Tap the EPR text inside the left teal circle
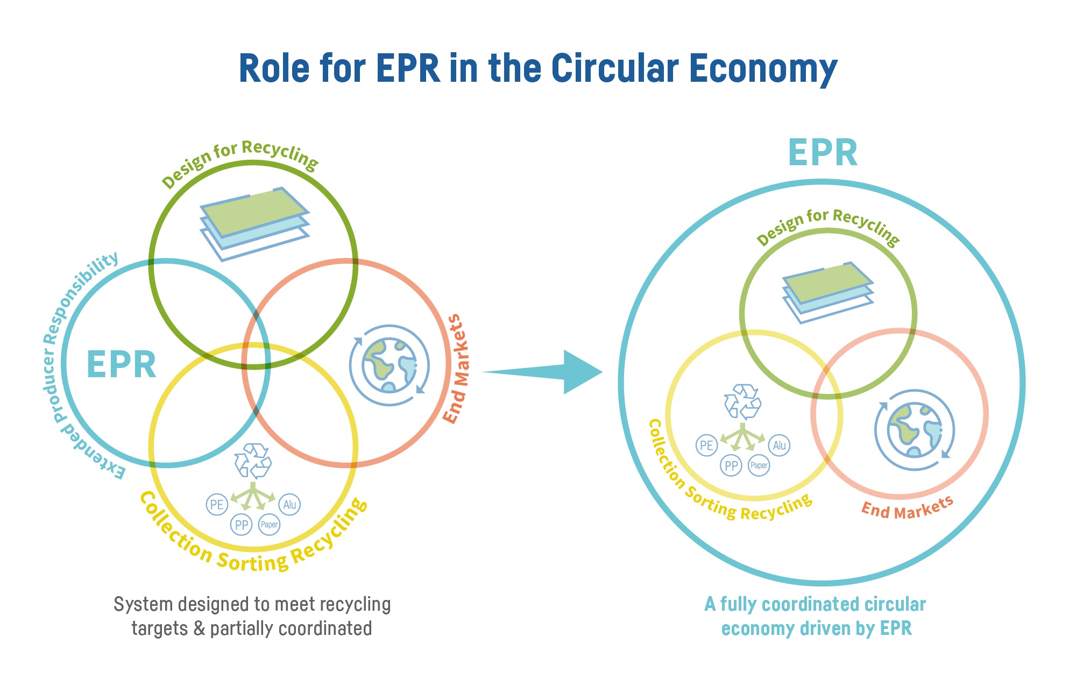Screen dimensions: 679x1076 pos(122,365)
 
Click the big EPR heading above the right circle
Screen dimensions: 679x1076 pos(823,153)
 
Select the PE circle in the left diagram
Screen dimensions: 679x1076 pos(217,505)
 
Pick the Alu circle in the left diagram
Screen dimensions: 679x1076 pos(289,505)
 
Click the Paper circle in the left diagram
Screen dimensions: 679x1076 pos(269,525)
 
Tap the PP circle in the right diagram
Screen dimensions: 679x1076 pos(731,465)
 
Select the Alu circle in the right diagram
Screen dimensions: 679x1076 pos(779,445)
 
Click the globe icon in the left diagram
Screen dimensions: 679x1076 pos(390,365)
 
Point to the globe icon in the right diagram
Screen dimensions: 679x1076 pos(915,430)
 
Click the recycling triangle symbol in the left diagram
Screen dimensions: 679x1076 pos(253,461)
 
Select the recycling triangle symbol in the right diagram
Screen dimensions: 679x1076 pos(742,401)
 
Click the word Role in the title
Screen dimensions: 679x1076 pos(274,68)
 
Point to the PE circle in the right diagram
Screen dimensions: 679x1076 pos(706,445)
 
